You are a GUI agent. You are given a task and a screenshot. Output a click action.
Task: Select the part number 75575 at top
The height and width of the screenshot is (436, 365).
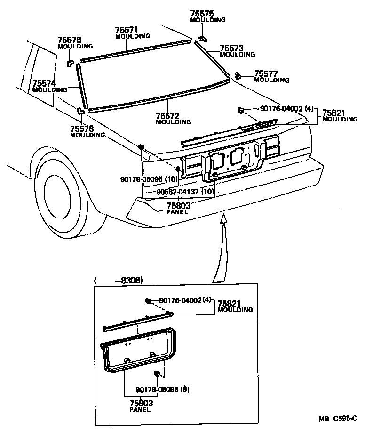201,14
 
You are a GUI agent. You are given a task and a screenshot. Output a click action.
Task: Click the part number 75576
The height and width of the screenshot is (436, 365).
69,41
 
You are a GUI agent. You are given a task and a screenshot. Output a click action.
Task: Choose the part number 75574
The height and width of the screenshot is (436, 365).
44,83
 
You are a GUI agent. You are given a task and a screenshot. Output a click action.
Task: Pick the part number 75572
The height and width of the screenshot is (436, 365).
167,116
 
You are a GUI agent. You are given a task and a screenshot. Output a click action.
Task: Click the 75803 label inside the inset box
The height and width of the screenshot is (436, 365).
141,404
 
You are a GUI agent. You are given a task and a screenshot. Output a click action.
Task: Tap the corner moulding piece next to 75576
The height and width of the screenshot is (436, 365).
70,62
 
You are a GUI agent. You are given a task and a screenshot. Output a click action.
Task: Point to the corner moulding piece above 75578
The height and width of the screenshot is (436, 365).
81,111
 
